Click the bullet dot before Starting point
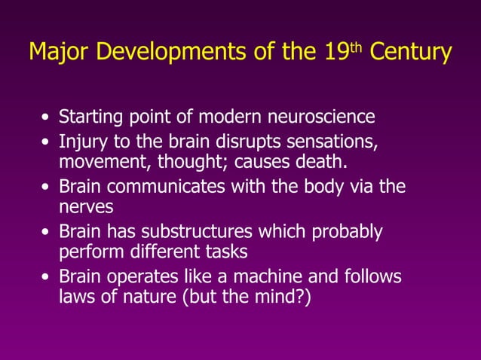[47, 119]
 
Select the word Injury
[80, 141]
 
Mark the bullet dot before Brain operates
[47, 278]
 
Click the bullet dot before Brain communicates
[47, 188]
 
